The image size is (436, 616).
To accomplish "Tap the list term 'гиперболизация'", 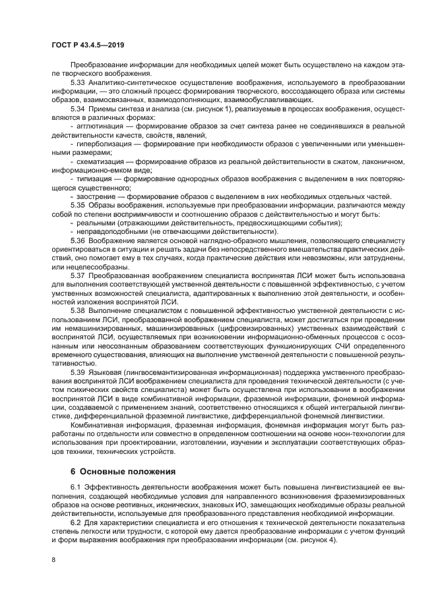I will [x=103, y=142].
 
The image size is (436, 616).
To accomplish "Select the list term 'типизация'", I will [x=92, y=179].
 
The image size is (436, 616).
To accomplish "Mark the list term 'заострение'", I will [x=95, y=196].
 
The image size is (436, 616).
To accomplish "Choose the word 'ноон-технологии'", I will [x=357, y=434].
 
